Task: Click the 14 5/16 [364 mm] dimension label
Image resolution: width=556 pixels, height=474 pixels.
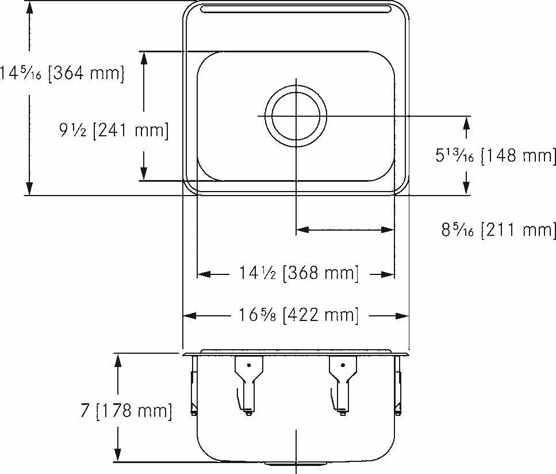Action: (62, 74)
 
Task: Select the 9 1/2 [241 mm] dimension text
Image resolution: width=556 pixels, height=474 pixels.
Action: (114, 130)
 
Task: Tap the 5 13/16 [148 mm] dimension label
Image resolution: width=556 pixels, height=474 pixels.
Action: (496, 155)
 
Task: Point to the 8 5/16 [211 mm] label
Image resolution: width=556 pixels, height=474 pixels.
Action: (498, 230)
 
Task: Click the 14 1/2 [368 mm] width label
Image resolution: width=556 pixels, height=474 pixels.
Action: (298, 273)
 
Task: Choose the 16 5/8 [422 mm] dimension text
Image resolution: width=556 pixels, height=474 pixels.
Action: (298, 315)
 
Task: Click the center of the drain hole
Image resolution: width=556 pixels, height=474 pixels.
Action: (296, 116)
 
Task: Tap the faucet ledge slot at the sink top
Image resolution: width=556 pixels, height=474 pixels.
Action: (296, 9)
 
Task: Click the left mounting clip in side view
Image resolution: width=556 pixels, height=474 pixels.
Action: (249, 385)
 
